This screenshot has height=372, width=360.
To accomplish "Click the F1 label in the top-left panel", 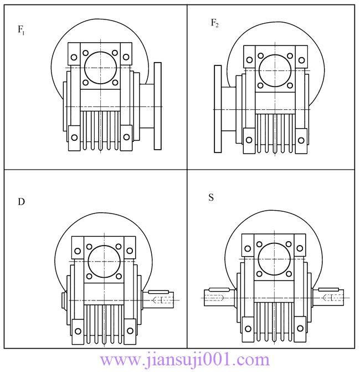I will pyautogui.click(x=21, y=30).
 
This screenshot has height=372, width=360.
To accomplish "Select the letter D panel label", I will pyautogui.click(x=21, y=202).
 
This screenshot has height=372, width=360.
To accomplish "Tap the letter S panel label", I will pyautogui.click(x=211, y=197).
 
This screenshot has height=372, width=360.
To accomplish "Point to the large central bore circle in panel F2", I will pyautogui.click(x=274, y=70).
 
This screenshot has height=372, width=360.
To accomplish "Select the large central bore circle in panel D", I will pyautogui.click(x=103, y=261).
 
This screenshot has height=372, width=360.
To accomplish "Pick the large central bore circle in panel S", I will pyautogui.click(x=274, y=258).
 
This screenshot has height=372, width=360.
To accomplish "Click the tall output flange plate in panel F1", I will pyautogui.click(x=158, y=106).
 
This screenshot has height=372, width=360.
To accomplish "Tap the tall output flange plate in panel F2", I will pyautogui.click(x=218, y=109).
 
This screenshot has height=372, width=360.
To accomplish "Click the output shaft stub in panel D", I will pyautogui.click(x=161, y=300).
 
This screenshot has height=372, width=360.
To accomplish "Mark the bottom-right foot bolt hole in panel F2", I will pyautogui.click(x=301, y=140).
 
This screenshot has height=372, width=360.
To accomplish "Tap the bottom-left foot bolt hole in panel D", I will pyautogui.click(x=78, y=331).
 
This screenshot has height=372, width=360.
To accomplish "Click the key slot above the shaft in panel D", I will pyautogui.click(x=159, y=292).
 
